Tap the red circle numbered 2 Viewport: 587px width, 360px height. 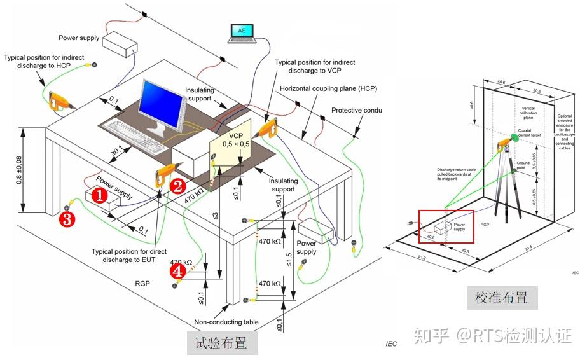177,186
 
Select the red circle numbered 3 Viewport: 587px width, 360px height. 67,219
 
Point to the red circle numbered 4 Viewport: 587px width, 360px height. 178,272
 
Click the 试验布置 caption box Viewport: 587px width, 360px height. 222,343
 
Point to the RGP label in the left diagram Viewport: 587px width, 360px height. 142,283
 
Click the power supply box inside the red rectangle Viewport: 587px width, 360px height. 449,227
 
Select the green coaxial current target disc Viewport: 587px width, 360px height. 513,139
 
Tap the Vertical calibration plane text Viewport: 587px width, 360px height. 528,113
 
